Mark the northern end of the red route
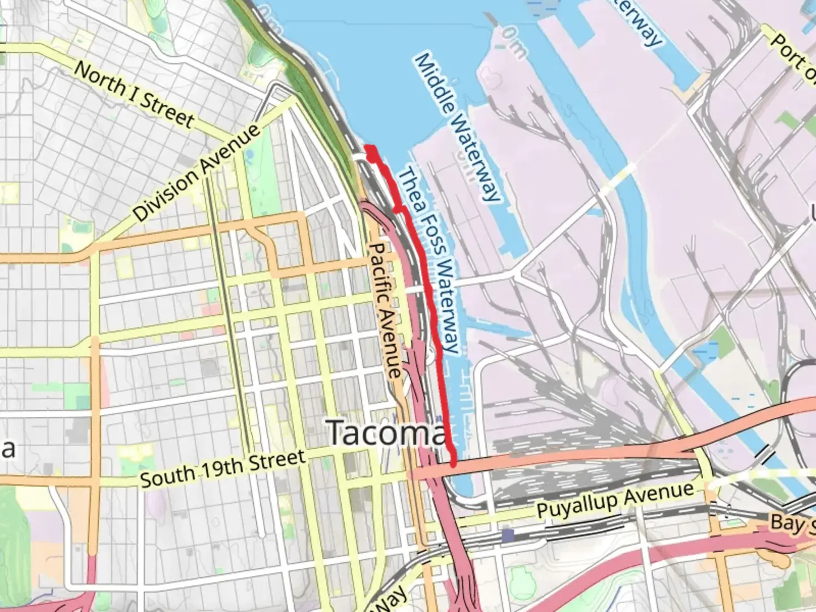[369, 148]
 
